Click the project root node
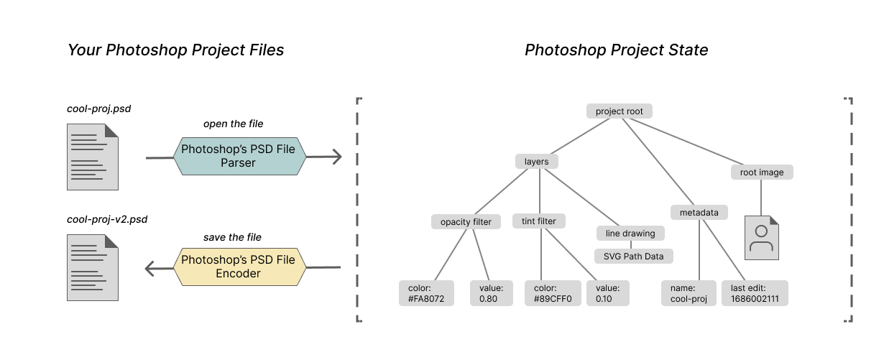(x=619, y=111)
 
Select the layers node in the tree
(x=537, y=162)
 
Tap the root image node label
(x=762, y=172)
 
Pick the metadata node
(x=699, y=212)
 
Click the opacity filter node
(x=466, y=221)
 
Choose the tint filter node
(x=539, y=221)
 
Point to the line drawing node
(x=630, y=234)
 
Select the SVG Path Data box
(x=633, y=256)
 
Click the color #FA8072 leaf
(x=427, y=293)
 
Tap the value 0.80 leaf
(x=492, y=293)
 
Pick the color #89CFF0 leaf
(x=553, y=293)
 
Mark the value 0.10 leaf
(x=608, y=293)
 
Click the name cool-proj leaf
(x=689, y=293)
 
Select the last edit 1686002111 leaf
(x=755, y=293)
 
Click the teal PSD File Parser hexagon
(x=239, y=157)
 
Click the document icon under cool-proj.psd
(x=92, y=157)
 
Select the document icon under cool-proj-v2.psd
(x=92, y=267)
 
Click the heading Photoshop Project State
(x=616, y=50)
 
